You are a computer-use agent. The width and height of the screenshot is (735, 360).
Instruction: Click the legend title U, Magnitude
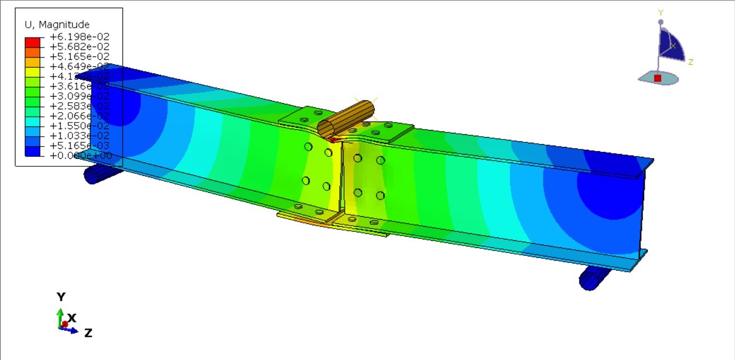pos(57,25)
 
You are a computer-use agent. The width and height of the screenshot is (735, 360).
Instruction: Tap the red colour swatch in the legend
pos(33,41)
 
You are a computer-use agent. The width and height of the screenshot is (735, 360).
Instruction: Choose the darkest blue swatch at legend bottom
pos(33,151)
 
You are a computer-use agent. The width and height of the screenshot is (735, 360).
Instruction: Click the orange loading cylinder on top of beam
pos(346,119)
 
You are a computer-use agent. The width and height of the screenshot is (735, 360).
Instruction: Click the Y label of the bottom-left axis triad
pos(61,297)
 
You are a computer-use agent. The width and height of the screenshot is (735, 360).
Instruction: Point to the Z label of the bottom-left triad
pos(88,333)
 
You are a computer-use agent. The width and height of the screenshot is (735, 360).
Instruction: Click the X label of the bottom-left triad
pos(72,318)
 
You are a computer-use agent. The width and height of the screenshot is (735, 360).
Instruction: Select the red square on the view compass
pos(658,78)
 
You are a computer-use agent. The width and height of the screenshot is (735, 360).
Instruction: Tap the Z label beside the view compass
pos(690,62)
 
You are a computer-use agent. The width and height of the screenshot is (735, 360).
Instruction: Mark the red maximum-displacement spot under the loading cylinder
pos(333,139)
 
